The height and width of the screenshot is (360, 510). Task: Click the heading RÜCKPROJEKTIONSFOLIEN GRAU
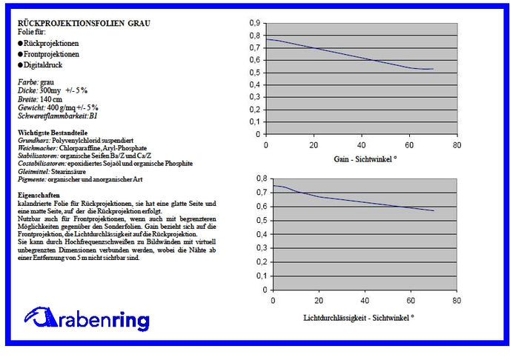(x=83, y=24)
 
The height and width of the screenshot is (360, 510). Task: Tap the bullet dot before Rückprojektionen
(x=20, y=44)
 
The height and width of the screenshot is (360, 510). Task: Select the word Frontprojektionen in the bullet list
(x=52, y=54)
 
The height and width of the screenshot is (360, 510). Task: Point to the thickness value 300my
(x=50, y=89)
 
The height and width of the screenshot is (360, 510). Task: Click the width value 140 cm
(x=49, y=98)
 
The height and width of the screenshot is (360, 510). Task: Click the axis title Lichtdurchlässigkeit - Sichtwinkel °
(x=359, y=316)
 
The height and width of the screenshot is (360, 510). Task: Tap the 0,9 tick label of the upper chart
(x=254, y=21)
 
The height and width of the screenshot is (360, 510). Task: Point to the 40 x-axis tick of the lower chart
(x=364, y=301)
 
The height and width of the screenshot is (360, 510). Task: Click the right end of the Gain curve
(x=432, y=69)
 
